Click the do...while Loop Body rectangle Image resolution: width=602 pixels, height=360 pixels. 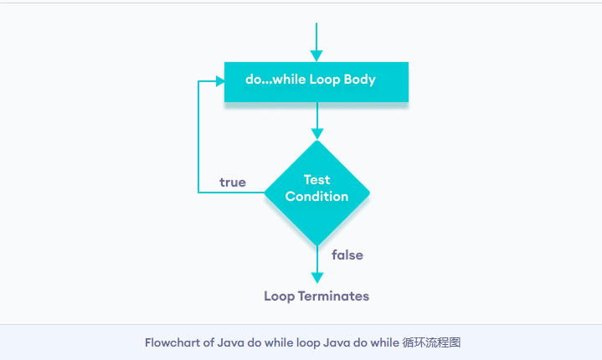tap(316, 82)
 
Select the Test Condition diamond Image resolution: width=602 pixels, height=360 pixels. tap(317, 193)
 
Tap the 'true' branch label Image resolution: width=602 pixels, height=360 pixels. tap(233, 183)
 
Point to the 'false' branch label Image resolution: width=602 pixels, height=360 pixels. tap(347, 255)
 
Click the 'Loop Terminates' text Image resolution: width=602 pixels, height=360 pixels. tap(316, 296)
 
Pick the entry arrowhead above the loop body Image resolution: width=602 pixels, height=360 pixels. tap(316, 56)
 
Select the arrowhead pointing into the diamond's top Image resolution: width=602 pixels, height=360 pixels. tap(317, 134)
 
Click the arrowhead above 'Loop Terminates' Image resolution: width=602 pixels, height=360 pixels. tap(317, 278)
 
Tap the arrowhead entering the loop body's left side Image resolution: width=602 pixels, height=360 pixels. tap(220, 81)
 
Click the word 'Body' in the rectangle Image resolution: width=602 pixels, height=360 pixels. tap(360, 80)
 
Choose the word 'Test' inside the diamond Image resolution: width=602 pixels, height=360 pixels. tap(316, 180)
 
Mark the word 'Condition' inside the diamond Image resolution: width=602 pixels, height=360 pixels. tap(316, 197)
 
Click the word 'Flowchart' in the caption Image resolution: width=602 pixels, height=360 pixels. tap(172, 342)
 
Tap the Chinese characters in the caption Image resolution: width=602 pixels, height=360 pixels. tap(431, 342)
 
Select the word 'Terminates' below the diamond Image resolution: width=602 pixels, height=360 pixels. tap(333, 296)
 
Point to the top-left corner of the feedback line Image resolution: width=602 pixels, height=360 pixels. tap(198, 81)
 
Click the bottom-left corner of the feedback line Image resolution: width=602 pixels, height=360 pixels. tap(198, 193)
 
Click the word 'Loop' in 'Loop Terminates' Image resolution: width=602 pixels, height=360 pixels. tap(279, 296)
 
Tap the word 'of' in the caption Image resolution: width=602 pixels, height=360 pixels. tap(208, 342)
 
